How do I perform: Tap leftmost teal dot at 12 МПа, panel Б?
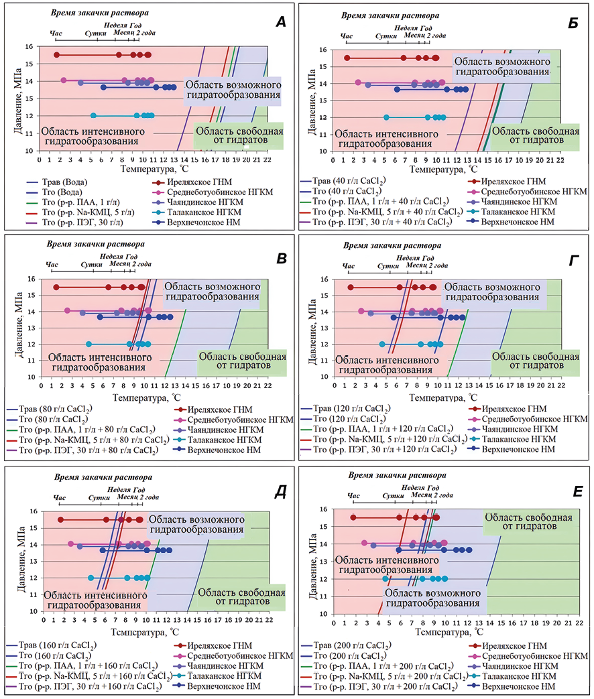click(386, 117)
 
